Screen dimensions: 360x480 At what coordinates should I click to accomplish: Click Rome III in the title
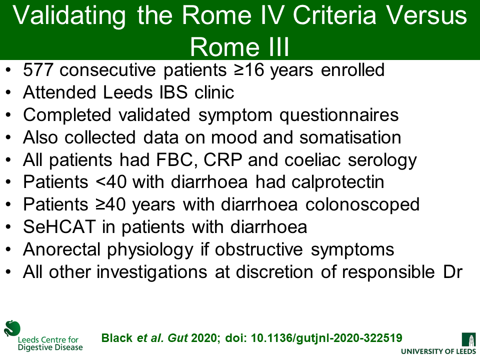239,47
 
